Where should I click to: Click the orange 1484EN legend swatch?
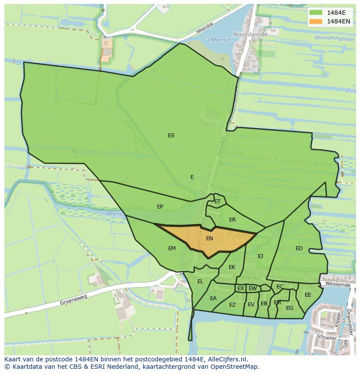[x=316, y=21]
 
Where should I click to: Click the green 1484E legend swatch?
[x=316, y=12]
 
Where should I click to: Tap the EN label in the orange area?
[x=210, y=238]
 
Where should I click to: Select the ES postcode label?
[x=171, y=136]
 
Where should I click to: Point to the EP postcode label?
[x=160, y=207]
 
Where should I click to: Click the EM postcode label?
[x=172, y=248]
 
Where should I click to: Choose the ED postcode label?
[x=299, y=248]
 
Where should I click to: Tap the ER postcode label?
[x=233, y=220]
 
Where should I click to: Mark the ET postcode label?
[x=217, y=202]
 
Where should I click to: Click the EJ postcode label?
[x=260, y=256]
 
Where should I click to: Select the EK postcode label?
[x=232, y=267]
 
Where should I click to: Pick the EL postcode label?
[x=200, y=281]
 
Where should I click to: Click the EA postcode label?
[x=213, y=298]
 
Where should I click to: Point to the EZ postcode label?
[x=232, y=305]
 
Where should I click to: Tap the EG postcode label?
[x=290, y=308]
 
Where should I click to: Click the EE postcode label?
[x=308, y=295]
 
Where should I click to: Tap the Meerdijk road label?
[x=206, y=29]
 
